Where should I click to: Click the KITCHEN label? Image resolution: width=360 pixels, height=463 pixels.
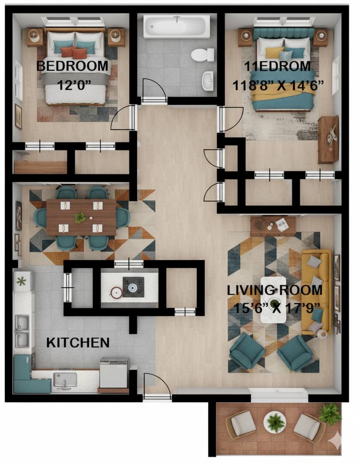(x=78, y=343)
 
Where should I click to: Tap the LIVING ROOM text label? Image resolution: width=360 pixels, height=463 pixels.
(x=275, y=290)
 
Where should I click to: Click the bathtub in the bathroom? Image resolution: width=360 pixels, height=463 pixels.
(x=177, y=27)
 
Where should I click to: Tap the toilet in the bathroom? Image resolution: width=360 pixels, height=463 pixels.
(x=202, y=55)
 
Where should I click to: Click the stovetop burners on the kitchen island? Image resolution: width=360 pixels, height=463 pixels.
(x=133, y=287)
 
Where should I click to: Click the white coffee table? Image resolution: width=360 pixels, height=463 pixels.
(x=273, y=300)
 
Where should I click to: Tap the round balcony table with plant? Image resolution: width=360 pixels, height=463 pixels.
(x=275, y=422)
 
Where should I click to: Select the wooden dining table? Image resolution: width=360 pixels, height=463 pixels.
(x=81, y=217)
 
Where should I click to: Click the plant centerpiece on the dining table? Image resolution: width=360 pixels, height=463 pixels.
(x=80, y=218)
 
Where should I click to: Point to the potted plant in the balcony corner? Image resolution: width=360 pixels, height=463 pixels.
(x=330, y=414)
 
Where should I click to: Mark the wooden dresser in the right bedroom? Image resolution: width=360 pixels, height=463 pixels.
(x=328, y=139)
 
